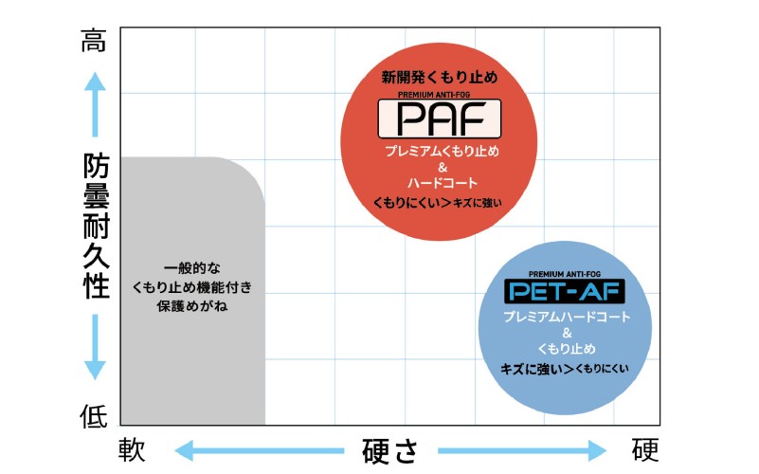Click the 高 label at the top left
(94, 42)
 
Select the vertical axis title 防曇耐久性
(94, 228)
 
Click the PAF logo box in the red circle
(440, 119)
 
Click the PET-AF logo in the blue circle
(566, 290)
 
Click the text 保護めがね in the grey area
(194, 305)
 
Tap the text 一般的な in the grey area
(194, 267)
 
